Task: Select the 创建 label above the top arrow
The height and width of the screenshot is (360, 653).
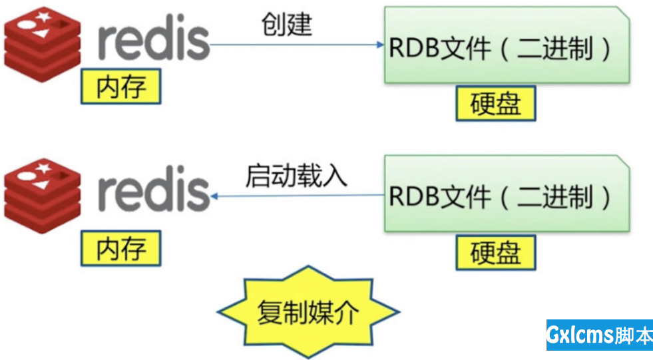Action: pos(286,25)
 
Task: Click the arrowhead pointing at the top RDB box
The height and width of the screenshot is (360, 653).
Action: pos(379,45)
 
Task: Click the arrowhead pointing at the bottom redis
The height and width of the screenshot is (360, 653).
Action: pos(215,196)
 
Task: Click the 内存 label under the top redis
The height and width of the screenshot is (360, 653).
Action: pos(120,87)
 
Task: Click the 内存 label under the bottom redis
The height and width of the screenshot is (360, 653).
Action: pos(120,249)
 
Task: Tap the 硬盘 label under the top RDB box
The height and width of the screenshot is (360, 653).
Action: pos(495,104)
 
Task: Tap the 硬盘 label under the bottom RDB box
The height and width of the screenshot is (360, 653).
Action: pos(495,253)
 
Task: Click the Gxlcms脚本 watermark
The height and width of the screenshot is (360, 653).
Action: pos(599,335)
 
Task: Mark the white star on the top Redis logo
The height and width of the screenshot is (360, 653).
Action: pos(44,15)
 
